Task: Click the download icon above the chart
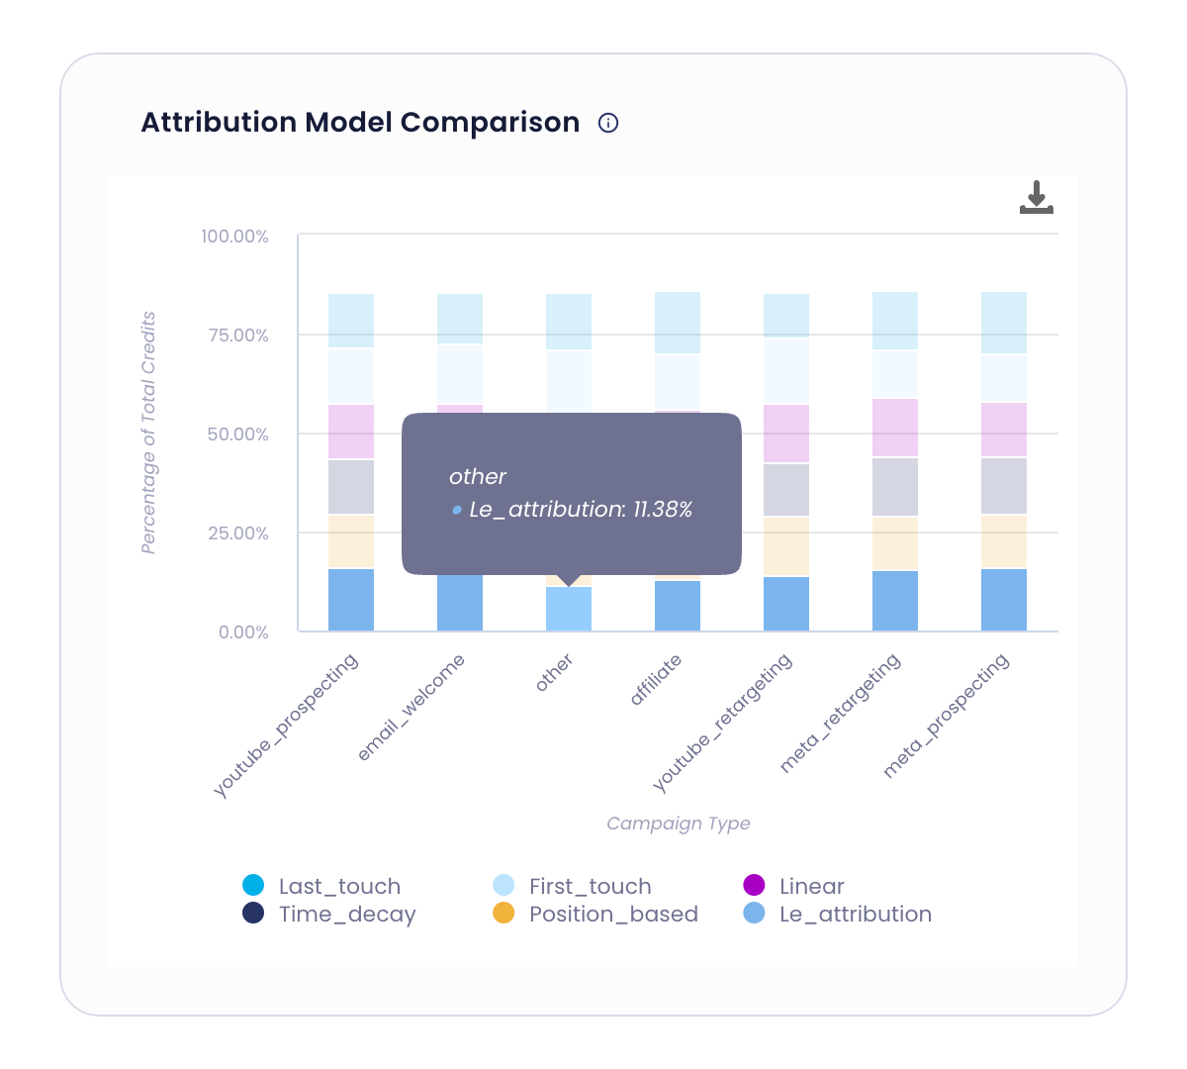[x=1036, y=198]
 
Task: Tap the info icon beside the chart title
[x=608, y=123]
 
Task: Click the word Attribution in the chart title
[x=219, y=123]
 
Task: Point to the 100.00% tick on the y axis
[x=234, y=237]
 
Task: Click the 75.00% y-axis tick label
[x=237, y=336]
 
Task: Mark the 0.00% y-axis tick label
[x=243, y=632]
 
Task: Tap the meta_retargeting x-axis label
[x=841, y=713]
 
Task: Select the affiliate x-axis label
[x=656, y=680]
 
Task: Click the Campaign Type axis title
[x=679, y=824]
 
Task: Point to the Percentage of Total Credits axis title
[x=148, y=433]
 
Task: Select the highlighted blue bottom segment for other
[x=569, y=610]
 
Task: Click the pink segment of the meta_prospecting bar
[x=1004, y=430]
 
